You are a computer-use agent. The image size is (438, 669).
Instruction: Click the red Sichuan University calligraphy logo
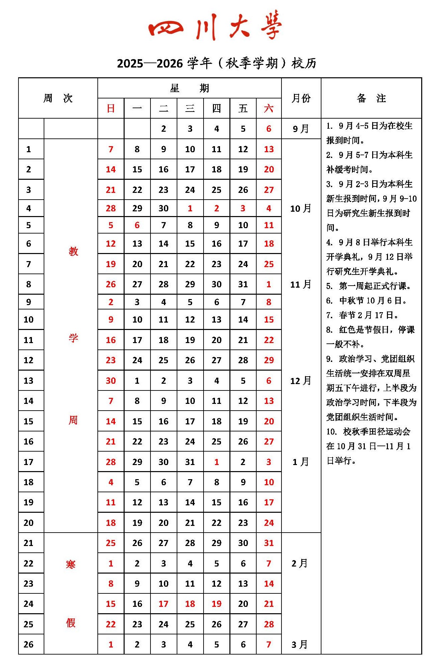[x=215, y=25]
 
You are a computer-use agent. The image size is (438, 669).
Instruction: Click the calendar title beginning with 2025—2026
[x=217, y=63]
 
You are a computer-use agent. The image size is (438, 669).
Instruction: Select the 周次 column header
[x=58, y=98]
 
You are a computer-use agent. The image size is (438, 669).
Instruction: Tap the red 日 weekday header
[x=111, y=109]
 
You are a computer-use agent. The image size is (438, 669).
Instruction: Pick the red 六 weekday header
[x=269, y=109]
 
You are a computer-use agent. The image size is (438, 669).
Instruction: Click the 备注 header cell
[x=371, y=98]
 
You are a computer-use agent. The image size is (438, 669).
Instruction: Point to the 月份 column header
[x=301, y=98]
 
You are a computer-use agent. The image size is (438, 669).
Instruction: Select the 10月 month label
[x=301, y=208]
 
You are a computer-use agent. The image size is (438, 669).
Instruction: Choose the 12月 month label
[x=301, y=381]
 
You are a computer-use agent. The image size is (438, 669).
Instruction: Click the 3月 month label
[x=299, y=644]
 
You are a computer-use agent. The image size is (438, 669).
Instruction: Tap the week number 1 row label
[x=29, y=149]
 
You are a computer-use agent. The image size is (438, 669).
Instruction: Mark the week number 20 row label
[x=29, y=523]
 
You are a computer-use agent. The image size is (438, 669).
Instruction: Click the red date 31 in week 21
[x=269, y=543]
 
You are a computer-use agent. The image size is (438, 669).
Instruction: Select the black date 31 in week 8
[x=243, y=284]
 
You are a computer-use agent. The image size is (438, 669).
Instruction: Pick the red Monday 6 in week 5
[x=137, y=225]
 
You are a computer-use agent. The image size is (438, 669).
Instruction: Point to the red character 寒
[x=71, y=564]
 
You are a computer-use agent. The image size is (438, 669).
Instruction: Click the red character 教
[x=73, y=251]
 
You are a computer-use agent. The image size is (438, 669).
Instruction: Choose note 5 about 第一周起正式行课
[x=368, y=286]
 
